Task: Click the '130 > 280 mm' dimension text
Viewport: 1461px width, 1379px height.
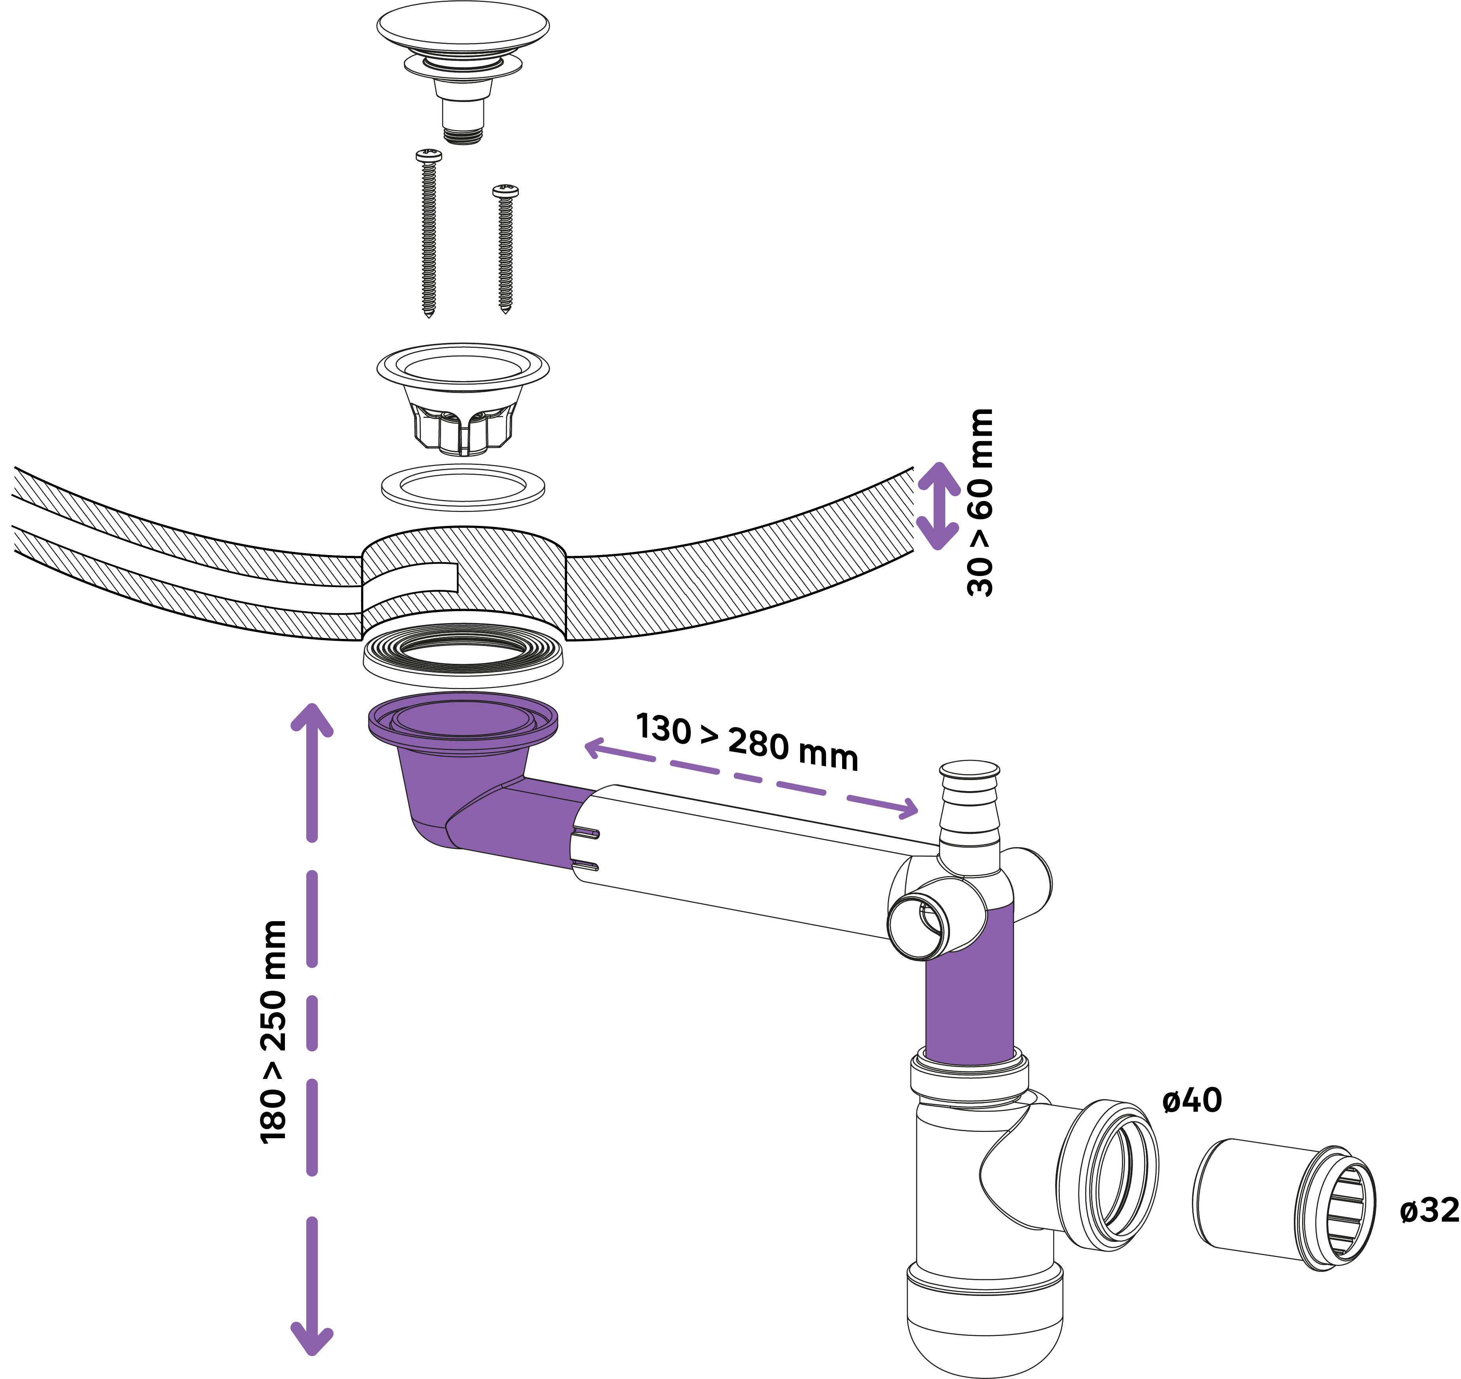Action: (747, 741)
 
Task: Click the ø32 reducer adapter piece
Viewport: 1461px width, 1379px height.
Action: (1282, 1204)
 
